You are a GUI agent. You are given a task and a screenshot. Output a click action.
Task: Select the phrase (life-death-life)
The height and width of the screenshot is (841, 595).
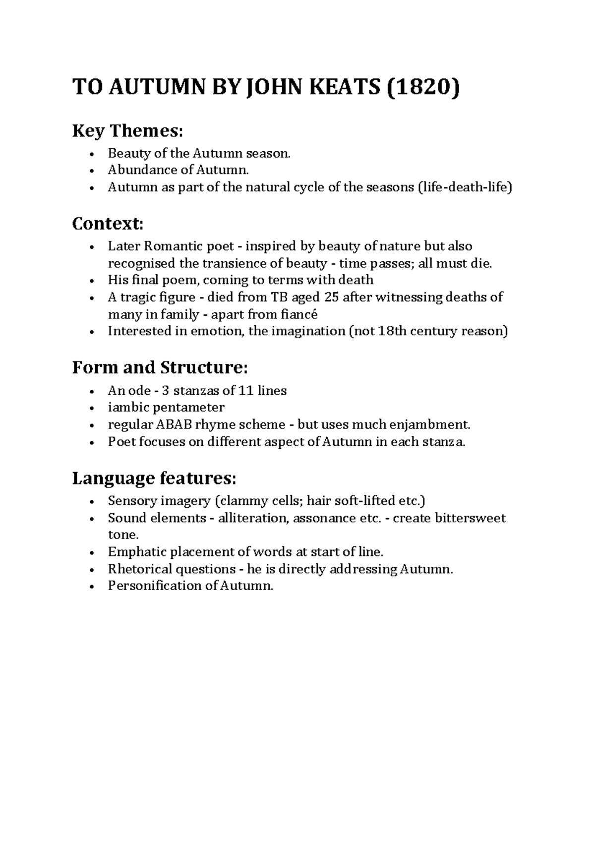pos(465,187)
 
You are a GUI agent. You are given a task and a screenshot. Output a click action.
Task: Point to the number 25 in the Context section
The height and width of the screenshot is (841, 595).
pos(331,297)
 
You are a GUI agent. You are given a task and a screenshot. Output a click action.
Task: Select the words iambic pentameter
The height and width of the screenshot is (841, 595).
pos(166,408)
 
